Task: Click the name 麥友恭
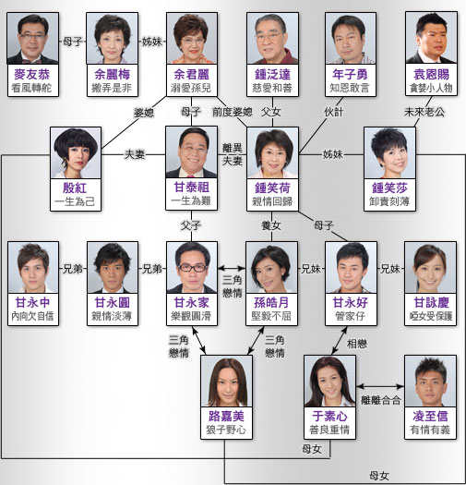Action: coord(32,75)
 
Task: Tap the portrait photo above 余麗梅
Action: coord(113,39)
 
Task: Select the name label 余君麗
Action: coord(192,75)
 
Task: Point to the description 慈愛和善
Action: coord(272,88)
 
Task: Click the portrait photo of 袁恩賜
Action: coord(431,38)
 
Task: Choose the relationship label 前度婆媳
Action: coord(233,112)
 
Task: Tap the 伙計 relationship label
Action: coord(334,112)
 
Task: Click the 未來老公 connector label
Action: coord(424,112)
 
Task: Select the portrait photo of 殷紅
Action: coord(76,152)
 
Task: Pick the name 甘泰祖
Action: coord(192,188)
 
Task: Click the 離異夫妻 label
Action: coord(233,154)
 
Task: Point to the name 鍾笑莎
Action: coord(390,188)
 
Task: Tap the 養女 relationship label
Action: coord(271,225)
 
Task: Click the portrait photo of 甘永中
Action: coord(33,268)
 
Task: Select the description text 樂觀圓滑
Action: coord(192,316)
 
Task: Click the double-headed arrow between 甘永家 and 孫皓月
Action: coord(232,268)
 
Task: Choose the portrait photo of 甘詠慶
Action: coord(430,268)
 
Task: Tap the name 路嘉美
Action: coord(226,417)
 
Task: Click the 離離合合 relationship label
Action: coord(381,400)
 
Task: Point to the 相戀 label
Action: coord(357,344)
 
